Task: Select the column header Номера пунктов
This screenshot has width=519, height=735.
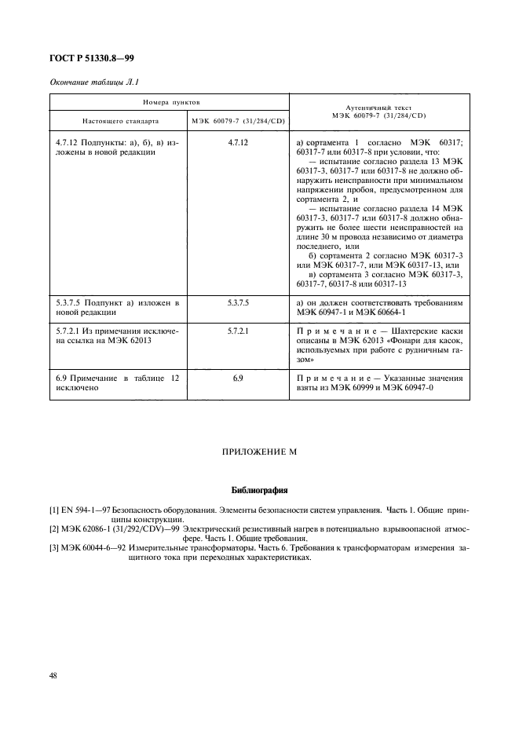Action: click(x=170, y=103)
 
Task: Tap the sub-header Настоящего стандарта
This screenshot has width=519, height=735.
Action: click(x=120, y=122)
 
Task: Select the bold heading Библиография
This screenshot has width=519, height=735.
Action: click(x=259, y=491)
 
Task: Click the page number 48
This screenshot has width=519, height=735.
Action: click(x=54, y=675)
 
